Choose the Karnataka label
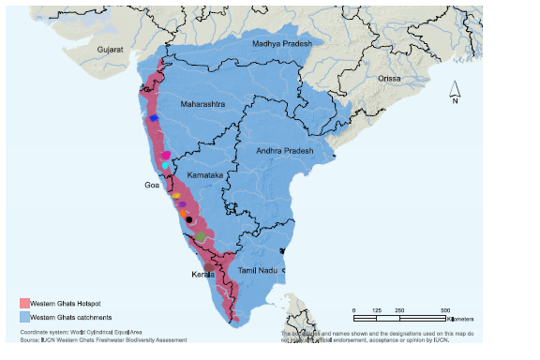203,175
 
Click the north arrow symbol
454,92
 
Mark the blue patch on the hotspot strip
153,118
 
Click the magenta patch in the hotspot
165,155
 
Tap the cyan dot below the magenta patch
165,165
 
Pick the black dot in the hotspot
189,219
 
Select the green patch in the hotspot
201,237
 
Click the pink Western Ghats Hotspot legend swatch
25,303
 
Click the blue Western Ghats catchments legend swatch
25,317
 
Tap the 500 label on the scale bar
445,309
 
